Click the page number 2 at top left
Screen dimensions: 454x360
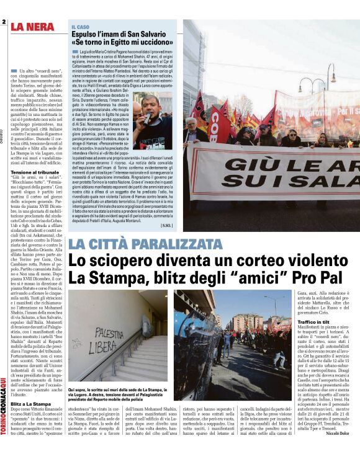coord(4,22)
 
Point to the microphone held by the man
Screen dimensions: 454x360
coord(146,117)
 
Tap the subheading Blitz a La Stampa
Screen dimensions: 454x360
coord(29,421)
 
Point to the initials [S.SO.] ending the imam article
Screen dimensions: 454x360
coord(167,225)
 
